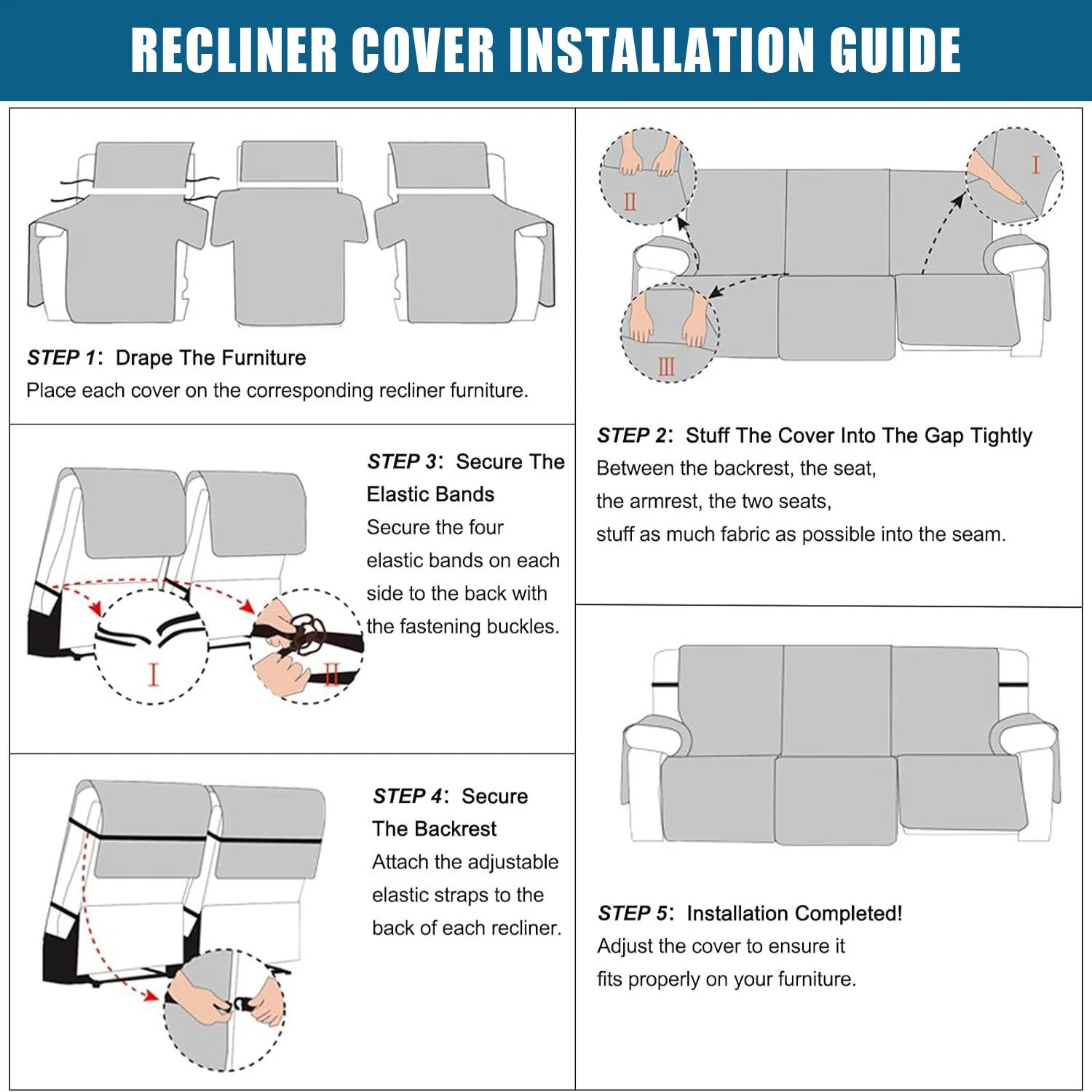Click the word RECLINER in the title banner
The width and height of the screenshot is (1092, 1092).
pyautogui.click(x=234, y=50)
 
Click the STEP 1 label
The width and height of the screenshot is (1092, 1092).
pyautogui.click(x=62, y=357)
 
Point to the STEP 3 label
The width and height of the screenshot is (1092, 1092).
pyautogui.click(x=402, y=462)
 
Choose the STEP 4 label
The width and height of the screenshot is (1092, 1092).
pyautogui.click(x=408, y=796)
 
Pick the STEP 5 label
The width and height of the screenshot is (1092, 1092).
pyautogui.click(x=633, y=913)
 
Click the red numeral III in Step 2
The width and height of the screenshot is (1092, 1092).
pyautogui.click(x=666, y=366)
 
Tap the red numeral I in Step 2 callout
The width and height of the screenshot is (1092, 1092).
pyautogui.click(x=1035, y=165)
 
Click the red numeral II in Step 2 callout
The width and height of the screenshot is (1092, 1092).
pyautogui.click(x=630, y=202)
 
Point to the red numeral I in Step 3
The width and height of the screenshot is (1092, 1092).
pyautogui.click(x=153, y=674)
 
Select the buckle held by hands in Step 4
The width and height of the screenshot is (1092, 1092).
pyautogui.click(x=241, y=1005)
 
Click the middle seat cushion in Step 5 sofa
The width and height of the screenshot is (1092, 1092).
pyautogui.click(x=836, y=799)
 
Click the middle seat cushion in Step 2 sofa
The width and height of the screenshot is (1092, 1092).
pyautogui.click(x=836, y=317)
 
